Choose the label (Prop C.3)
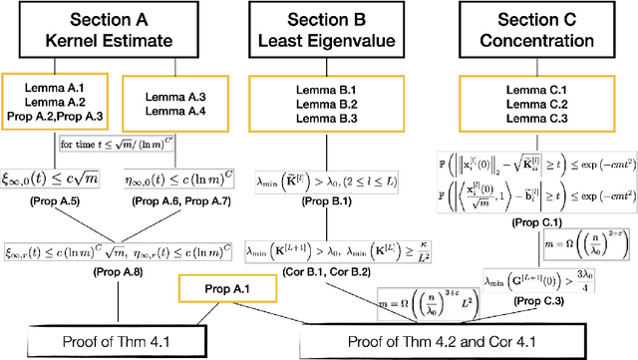pos(529,316)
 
